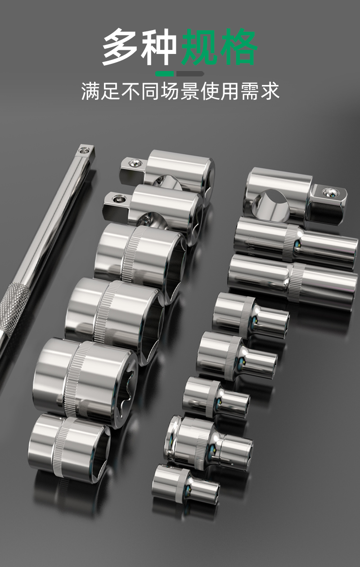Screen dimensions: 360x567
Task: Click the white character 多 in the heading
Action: point(121,47)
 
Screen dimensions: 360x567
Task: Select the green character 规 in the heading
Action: point(200,47)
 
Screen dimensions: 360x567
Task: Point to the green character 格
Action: point(238,47)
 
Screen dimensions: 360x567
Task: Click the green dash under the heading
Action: point(165,74)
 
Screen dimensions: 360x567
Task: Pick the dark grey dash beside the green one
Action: point(190,74)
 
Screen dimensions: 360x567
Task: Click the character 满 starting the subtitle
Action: point(90,91)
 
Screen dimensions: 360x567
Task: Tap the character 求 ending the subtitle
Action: point(270,91)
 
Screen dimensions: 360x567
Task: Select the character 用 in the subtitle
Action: point(230,91)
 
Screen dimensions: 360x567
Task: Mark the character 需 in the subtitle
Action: point(250,91)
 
